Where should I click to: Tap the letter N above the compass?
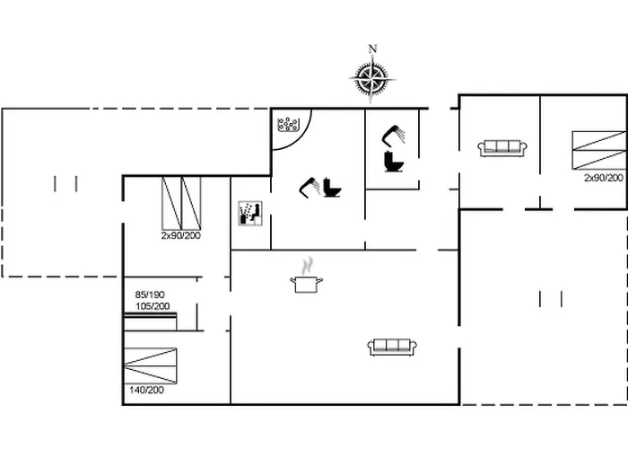373,49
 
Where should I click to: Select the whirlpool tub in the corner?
289,125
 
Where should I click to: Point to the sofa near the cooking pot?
390,347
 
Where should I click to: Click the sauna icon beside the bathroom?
249,213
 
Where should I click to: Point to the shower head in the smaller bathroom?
393,134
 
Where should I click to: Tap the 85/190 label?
151,294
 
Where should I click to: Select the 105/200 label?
153,305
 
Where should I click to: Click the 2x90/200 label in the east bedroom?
603,179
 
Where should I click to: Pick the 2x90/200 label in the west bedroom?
181,235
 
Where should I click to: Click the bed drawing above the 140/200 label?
153,363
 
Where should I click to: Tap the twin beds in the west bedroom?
181,202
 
